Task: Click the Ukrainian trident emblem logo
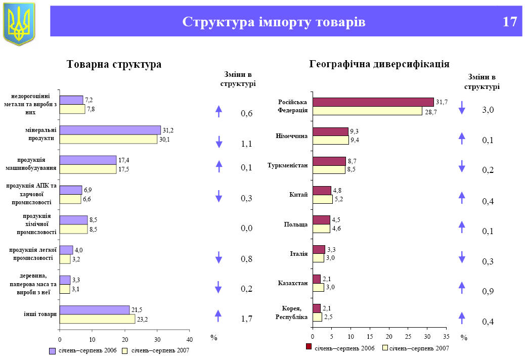click(x=19, y=23)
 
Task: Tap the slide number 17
click(x=510, y=22)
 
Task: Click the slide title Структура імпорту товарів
click(x=274, y=22)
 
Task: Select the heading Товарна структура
click(x=114, y=64)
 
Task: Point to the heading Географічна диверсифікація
click(x=379, y=64)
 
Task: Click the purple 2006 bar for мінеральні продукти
click(x=110, y=130)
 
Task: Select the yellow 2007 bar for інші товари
click(x=97, y=319)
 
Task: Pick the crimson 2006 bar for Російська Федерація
click(x=373, y=102)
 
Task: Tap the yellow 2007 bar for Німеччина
click(x=330, y=140)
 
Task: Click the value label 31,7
click(x=442, y=102)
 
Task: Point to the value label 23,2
click(x=142, y=319)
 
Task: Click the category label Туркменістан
click(x=287, y=165)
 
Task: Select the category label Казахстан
click(x=293, y=283)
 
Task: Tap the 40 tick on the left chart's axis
click(x=190, y=339)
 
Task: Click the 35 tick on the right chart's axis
click(x=446, y=336)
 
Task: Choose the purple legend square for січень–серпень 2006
click(x=52, y=350)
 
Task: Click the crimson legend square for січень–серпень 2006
click(x=308, y=347)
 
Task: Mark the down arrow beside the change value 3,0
click(x=461, y=108)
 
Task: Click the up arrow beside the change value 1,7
click(x=218, y=316)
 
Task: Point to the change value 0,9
click(x=488, y=292)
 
